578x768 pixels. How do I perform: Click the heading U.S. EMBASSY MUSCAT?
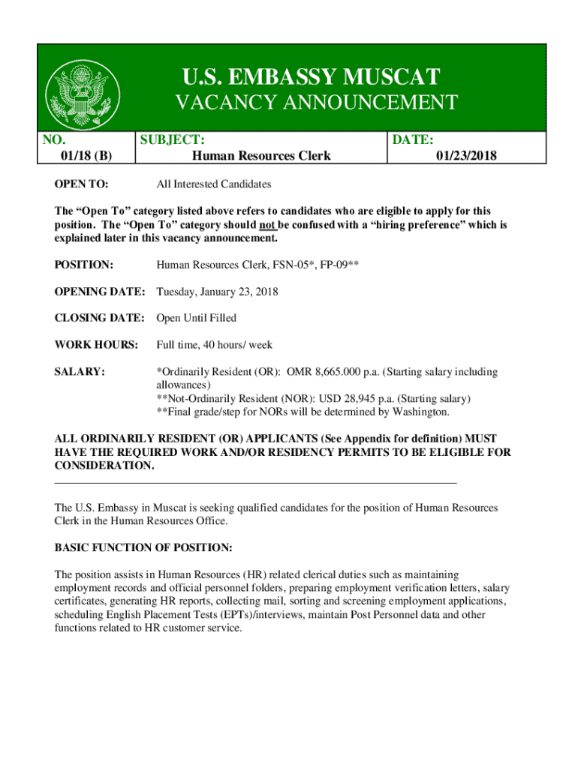pos(310,76)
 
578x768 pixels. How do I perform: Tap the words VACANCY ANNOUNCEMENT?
pos(316,103)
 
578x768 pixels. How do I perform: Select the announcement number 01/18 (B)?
pos(86,156)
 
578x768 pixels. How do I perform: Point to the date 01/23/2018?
pos(466,156)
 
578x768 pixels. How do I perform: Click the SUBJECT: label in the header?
pos(173,139)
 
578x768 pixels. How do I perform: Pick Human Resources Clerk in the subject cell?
pos(261,156)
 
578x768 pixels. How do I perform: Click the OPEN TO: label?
pos(81,184)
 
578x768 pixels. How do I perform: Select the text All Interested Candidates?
pos(213,184)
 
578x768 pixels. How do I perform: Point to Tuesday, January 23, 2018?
pos(217,291)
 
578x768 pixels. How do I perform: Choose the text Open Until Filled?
pos(196,318)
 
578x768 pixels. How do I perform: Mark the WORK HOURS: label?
pos(97,345)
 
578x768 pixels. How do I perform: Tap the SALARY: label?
pos(80,372)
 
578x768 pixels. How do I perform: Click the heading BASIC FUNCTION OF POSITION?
pos(143,547)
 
